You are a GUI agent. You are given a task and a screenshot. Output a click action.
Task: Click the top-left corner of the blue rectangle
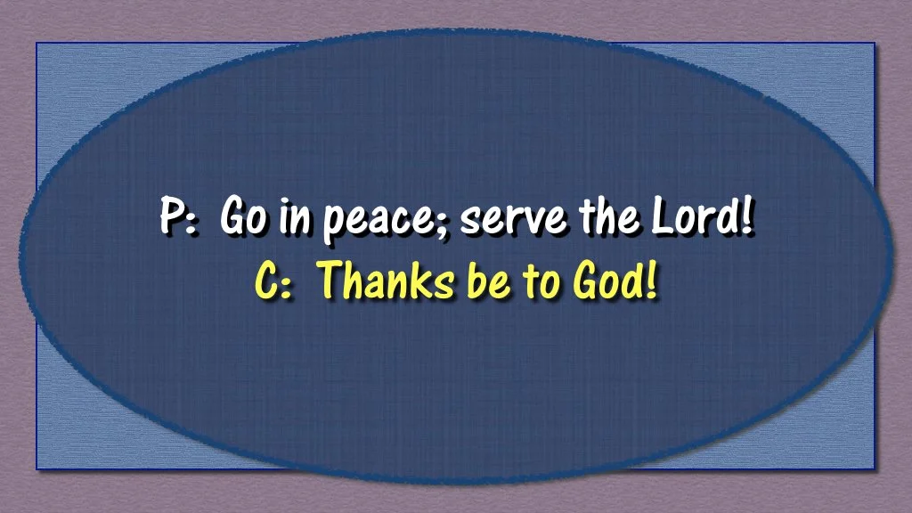point(37,43)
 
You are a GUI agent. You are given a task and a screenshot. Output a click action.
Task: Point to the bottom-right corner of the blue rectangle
point(875,469)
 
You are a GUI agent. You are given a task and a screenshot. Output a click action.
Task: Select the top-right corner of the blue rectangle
point(875,43)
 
